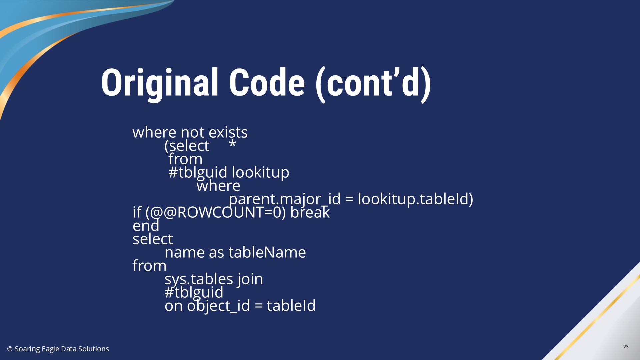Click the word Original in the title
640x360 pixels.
160,83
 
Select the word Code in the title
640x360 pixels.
267,82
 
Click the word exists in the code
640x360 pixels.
228,132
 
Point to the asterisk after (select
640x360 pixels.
233,144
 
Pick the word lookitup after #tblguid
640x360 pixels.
260,172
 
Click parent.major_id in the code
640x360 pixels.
285,199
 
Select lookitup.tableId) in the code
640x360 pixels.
415,199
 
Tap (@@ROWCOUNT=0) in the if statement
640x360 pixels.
216,212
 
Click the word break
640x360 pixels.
310,212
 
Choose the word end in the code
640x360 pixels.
146,226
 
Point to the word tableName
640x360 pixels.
267,252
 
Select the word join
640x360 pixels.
250,279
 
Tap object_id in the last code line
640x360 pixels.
218,306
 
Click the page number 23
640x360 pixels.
626,347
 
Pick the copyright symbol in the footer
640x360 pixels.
10,349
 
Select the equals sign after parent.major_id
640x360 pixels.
349,199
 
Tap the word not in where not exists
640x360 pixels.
192,132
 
